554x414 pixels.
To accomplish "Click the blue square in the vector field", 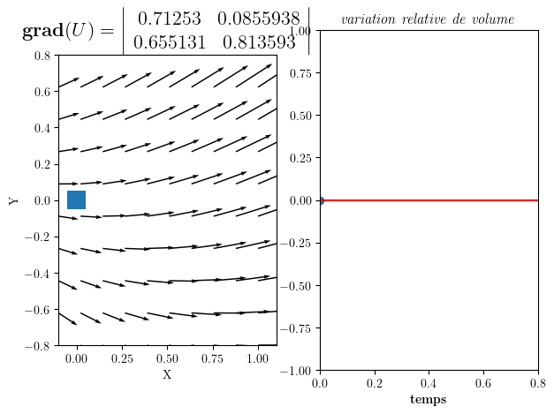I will coord(77,200).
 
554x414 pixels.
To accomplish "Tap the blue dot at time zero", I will coord(320,200).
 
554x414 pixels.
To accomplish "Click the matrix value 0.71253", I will coord(166,19).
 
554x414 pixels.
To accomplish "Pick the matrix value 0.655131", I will coord(166,41).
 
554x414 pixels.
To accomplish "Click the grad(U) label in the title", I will coord(67,31).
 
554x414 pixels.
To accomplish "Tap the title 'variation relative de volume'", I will coord(428,19).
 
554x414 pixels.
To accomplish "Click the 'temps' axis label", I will coord(429,400).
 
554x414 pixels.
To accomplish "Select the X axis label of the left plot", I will coord(167,375).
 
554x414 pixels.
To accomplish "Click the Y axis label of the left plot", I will coord(14,200).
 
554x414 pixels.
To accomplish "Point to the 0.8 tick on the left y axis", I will coord(42,55).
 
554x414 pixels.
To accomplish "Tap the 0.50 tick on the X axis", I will coord(167,359).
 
